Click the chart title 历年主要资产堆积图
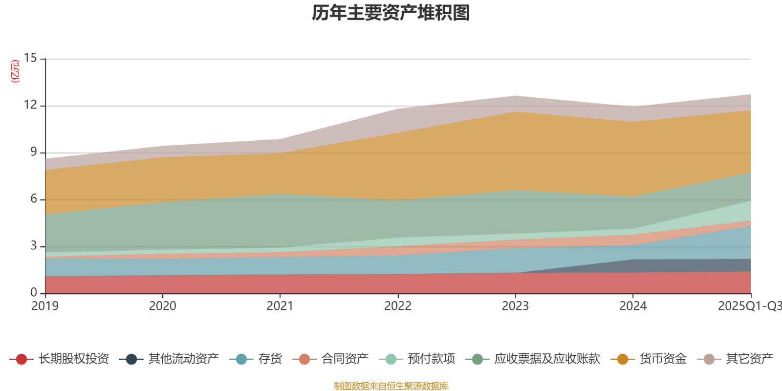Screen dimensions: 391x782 tap(391, 13)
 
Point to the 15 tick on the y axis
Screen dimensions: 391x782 tap(30, 58)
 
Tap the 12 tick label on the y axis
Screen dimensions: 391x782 tap(30, 105)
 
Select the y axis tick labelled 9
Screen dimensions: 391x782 tap(34, 152)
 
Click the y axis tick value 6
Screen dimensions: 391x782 tap(34, 199)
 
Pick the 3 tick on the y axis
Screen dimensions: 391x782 tap(34, 246)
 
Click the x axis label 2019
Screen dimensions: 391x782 tap(45, 306)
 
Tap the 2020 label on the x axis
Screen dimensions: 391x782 tap(162, 306)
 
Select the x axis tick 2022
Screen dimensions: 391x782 tap(398, 306)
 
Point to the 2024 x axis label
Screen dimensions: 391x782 tap(633, 306)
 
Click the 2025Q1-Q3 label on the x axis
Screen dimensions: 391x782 tap(749, 306)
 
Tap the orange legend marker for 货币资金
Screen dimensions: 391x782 tap(623, 359)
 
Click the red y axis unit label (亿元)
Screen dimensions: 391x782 tap(15, 71)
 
